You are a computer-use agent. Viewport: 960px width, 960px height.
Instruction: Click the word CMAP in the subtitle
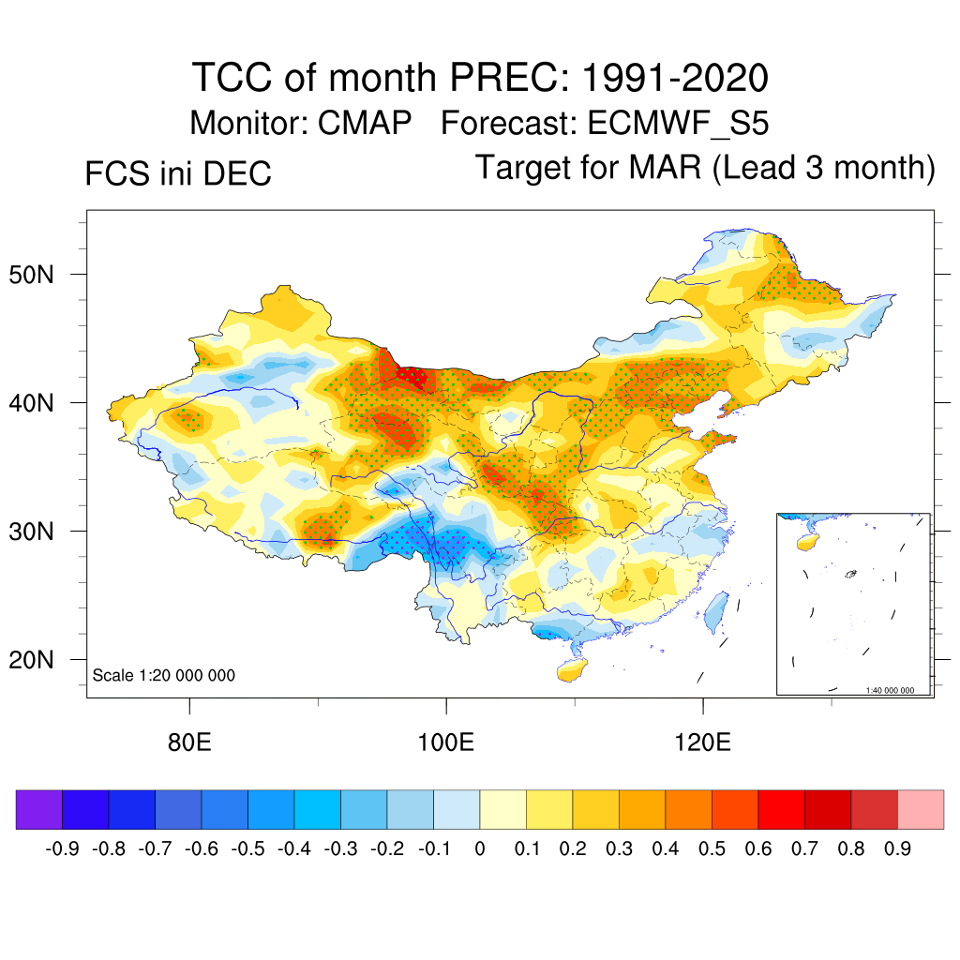click(x=362, y=123)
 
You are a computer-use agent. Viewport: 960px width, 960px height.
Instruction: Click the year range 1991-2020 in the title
click(x=675, y=77)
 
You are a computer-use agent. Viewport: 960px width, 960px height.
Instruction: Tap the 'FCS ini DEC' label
click(x=178, y=174)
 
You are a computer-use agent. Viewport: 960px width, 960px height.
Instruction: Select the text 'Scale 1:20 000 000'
click(x=164, y=675)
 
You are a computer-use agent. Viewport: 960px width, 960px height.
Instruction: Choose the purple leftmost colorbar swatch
click(x=39, y=810)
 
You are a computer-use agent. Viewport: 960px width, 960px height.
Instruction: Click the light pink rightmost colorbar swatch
click(x=921, y=810)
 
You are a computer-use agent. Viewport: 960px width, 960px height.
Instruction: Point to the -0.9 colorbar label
click(x=63, y=849)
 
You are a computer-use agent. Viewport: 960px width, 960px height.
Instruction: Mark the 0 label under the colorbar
click(x=480, y=849)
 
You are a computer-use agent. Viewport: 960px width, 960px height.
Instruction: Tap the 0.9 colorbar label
click(x=897, y=849)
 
